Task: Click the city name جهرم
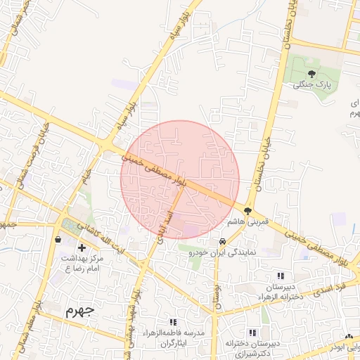(x=79, y=310)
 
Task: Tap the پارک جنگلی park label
(x=311, y=85)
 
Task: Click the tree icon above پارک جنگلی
(x=311, y=73)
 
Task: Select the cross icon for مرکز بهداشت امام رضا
(x=82, y=247)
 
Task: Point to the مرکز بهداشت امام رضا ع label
(x=82, y=264)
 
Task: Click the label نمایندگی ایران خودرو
(x=227, y=251)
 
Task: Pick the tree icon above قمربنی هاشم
(x=247, y=210)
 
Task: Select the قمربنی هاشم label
(x=247, y=221)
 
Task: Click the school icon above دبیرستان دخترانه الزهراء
(x=281, y=276)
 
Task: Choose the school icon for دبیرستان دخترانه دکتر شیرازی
(x=252, y=332)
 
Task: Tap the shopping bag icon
(x=58, y=239)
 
